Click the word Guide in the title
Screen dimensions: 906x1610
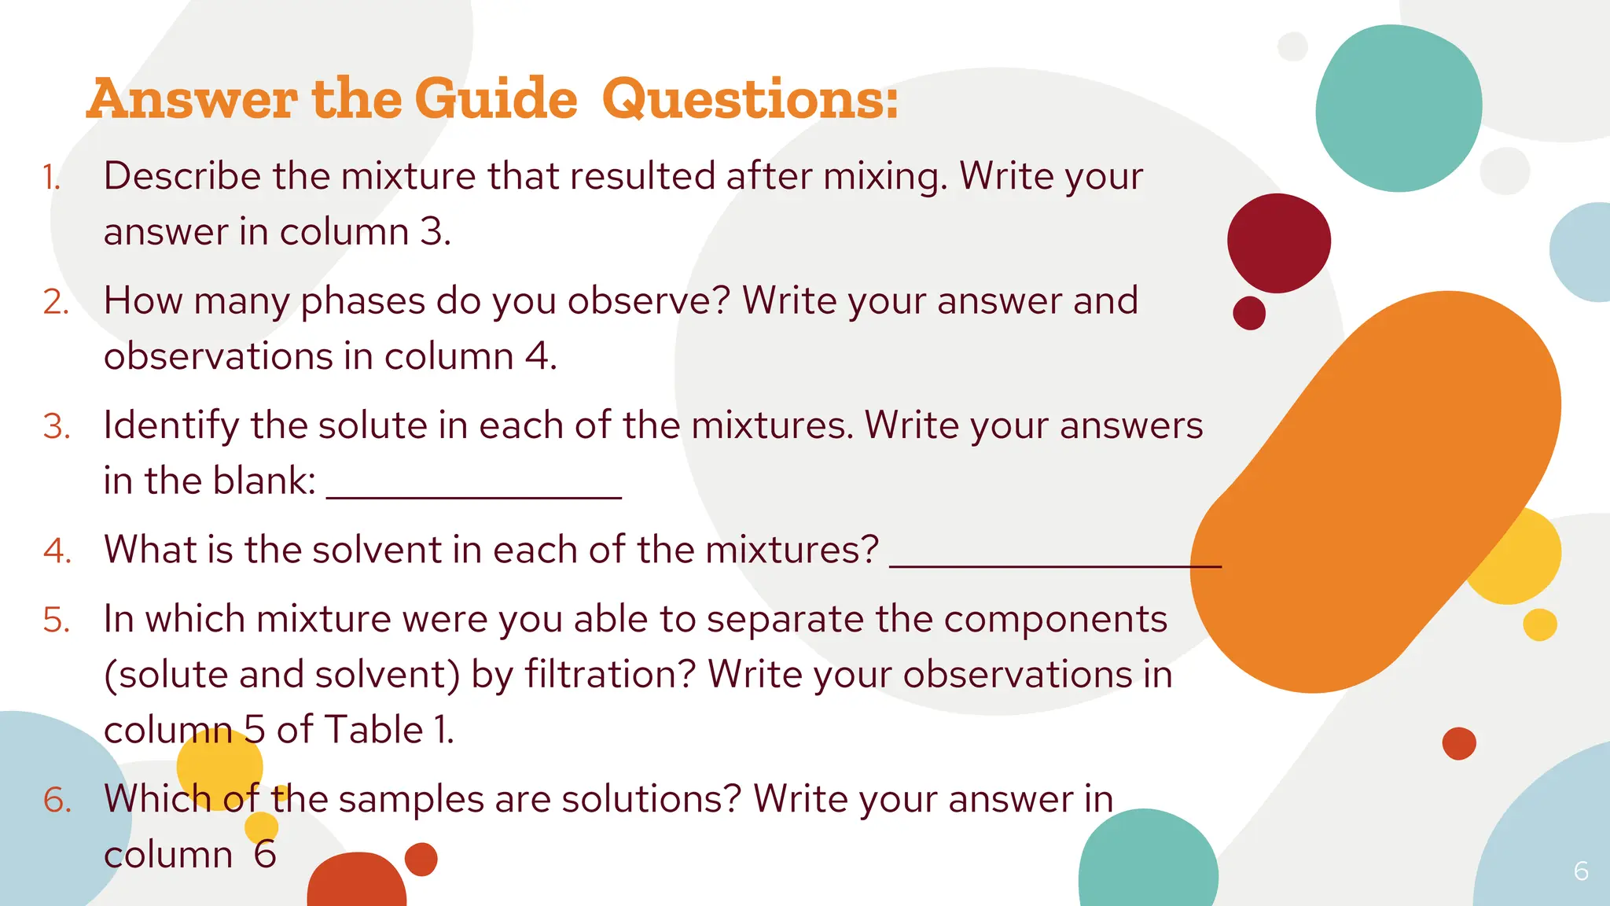(495, 100)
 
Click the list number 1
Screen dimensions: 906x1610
(51, 178)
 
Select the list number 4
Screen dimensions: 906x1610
(57, 551)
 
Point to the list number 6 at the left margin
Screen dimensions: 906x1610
(57, 801)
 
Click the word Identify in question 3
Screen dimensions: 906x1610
(171, 426)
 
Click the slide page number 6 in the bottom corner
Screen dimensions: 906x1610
(1581, 871)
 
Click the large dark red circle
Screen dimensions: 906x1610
(1278, 243)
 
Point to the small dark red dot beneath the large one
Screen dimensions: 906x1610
(1249, 313)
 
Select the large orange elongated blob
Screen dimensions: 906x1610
(1376, 492)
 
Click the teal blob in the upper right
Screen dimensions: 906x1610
(1398, 109)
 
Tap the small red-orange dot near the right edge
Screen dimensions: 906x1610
(1459, 743)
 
